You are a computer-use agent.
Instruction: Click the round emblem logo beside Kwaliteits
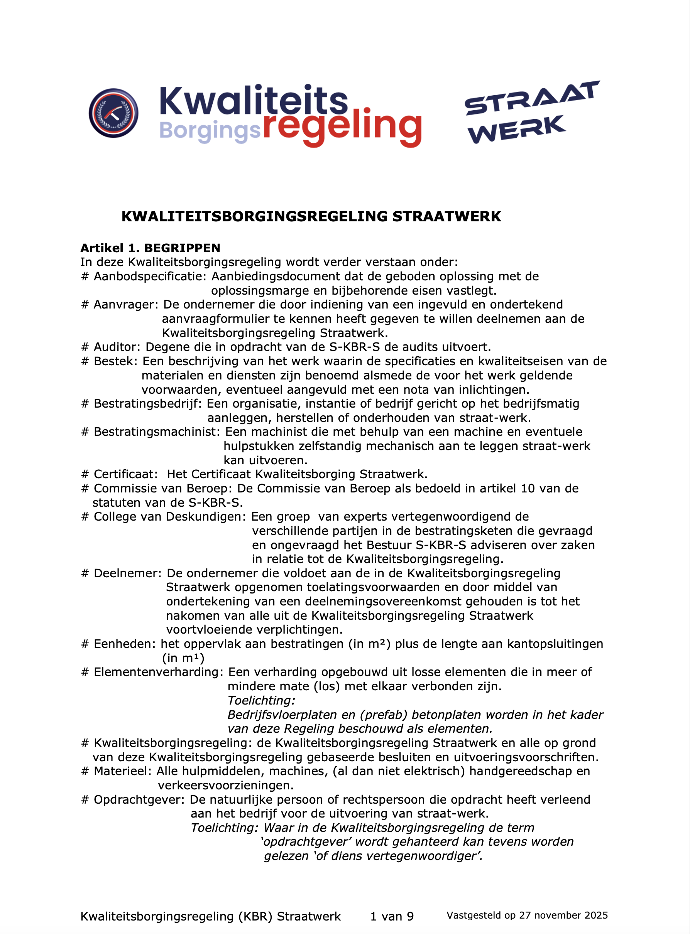pos(113,113)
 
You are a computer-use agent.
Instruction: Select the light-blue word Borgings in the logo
pos(210,131)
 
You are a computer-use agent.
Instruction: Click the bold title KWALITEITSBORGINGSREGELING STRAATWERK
pos(311,216)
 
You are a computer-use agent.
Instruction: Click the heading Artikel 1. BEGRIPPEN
pos(150,248)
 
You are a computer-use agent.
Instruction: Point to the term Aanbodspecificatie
pos(149,276)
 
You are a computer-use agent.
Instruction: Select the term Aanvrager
pos(125,305)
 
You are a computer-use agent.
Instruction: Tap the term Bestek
pos(115,361)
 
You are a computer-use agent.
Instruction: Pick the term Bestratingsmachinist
pos(156,432)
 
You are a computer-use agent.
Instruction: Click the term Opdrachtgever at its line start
pos(139,800)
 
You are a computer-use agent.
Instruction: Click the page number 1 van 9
pos(392,917)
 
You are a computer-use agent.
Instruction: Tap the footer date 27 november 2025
pos(563,915)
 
